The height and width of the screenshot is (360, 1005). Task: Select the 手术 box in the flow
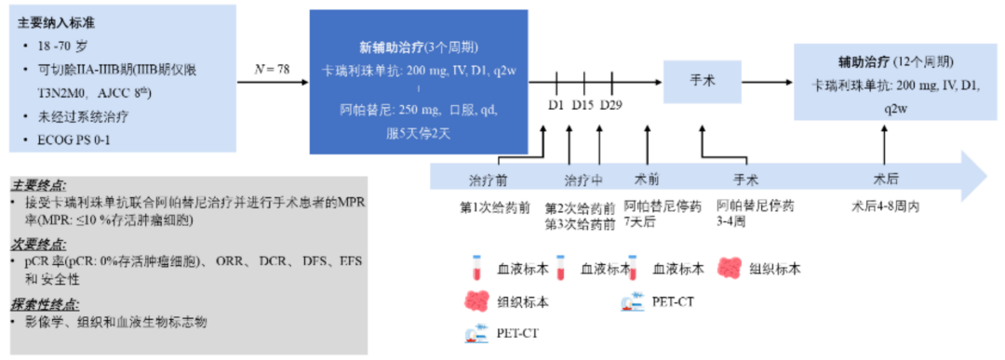[702, 82]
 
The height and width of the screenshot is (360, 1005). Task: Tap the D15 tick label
[583, 104]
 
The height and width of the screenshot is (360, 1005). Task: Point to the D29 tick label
[611, 104]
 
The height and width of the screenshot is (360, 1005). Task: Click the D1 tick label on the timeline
[556, 104]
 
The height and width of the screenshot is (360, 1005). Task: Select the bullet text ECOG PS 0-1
[74, 140]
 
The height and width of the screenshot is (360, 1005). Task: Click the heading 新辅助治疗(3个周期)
[419, 48]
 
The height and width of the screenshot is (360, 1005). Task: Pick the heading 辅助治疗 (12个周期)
[895, 62]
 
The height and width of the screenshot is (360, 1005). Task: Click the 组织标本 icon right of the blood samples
[730, 267]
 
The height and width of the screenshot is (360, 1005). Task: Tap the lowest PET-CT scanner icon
[475, 334]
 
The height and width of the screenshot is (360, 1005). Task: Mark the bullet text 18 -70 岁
[62, 46]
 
